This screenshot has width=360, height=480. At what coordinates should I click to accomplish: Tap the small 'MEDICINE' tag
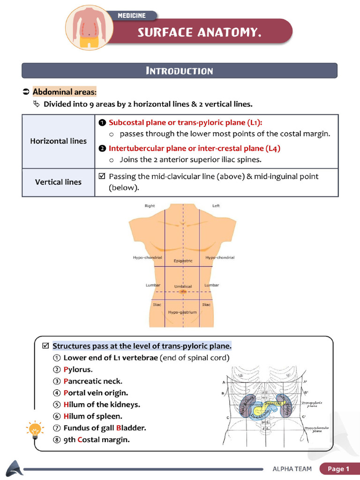click(131, 15)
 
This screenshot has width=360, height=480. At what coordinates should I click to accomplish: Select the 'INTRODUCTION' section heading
click(180, 71)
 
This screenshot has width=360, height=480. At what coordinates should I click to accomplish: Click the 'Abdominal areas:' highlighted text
click(64, 92)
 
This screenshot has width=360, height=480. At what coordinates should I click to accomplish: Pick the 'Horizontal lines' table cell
click(58, 141)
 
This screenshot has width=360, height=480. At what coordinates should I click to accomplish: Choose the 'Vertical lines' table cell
click(58, 182)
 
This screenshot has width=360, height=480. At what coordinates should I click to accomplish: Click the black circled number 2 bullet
click(102, 148)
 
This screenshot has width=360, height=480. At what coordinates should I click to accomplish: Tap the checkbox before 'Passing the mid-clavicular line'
click(102, 177)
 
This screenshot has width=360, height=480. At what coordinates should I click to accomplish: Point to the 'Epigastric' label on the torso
click(183, 261)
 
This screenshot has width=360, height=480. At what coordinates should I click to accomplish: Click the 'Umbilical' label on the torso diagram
click(183, 286)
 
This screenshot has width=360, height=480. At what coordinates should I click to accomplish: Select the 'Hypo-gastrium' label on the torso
click(182, 312)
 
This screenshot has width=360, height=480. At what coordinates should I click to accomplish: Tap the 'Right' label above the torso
click(150, 206)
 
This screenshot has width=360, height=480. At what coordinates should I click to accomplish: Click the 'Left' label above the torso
click(216, 206)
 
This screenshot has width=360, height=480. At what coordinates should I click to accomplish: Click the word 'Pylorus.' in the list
click(78, 369)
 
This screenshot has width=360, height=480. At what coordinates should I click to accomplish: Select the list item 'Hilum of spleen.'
click(92, 416)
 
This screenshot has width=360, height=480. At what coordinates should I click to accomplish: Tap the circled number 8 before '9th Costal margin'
click(57, 440)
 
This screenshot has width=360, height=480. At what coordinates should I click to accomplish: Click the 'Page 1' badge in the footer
click(338, 469)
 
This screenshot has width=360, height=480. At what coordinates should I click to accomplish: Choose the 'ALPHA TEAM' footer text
click(292, 469)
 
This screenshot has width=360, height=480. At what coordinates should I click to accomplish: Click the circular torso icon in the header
click(88, 27)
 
